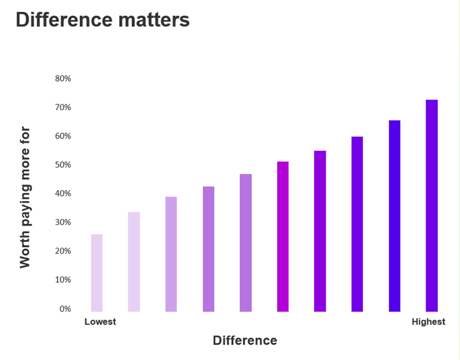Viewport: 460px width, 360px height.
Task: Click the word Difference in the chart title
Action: tap(57, 20)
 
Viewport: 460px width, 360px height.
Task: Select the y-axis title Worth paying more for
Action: tap(25, 197)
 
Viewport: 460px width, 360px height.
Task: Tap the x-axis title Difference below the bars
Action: tap(245, 340)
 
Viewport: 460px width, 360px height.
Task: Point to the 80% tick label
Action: tap(63, 79)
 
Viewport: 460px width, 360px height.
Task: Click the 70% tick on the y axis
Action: tap(63, 107)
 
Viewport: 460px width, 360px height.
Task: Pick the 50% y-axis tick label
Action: tap(63, 165)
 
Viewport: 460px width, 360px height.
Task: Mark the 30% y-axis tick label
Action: tap(63, 222)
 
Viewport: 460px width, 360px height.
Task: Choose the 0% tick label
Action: tap(65, 308)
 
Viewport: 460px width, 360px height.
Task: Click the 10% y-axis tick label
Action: tap(63, 280)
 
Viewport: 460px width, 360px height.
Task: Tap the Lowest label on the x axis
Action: tap(100, 322)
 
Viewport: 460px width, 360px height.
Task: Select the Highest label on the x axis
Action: tap(428, 322)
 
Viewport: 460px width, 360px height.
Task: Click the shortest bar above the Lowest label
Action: tap(97, 273)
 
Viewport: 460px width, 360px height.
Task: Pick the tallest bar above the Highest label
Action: tap(432, 205)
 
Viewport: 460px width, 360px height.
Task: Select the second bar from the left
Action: tap(134, 262)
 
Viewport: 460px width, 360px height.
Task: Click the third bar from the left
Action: tap(171, 254)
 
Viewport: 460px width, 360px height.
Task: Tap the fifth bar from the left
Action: tap(245, 243)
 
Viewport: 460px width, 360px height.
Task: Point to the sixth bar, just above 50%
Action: tap(283, 237)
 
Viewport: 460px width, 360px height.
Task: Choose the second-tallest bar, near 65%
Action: tap(394, 216)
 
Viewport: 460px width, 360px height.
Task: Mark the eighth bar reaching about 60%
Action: tap(357, 224)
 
